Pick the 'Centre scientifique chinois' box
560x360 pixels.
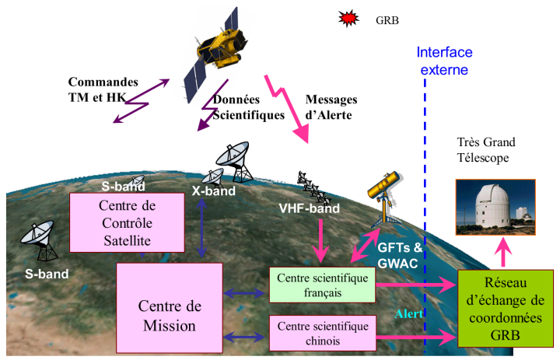pos(320,332)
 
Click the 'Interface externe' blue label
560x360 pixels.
pos(444,61)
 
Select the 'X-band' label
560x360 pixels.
pos(209,188)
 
